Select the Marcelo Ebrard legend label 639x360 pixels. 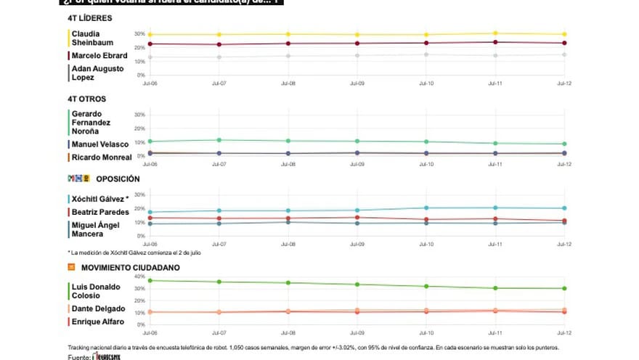click(x=99, y=56)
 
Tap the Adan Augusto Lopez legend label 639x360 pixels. click(x=97, y=73)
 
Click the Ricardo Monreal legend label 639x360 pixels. click(x=101, y=157)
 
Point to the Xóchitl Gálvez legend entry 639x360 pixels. click(x=99, y=199)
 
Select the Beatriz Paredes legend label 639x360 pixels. click(x=99, y=211)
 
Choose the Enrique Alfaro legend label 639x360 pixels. click(x=97, y=322)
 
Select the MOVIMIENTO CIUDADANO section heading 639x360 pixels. click(x=119, y=267)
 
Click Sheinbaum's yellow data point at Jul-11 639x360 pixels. click(x=495, y=33)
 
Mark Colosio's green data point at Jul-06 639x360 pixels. click(x=150, y=281)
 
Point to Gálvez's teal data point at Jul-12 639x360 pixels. click(x=564, y=208)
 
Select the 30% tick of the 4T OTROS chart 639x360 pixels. click(x=140, y=115)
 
